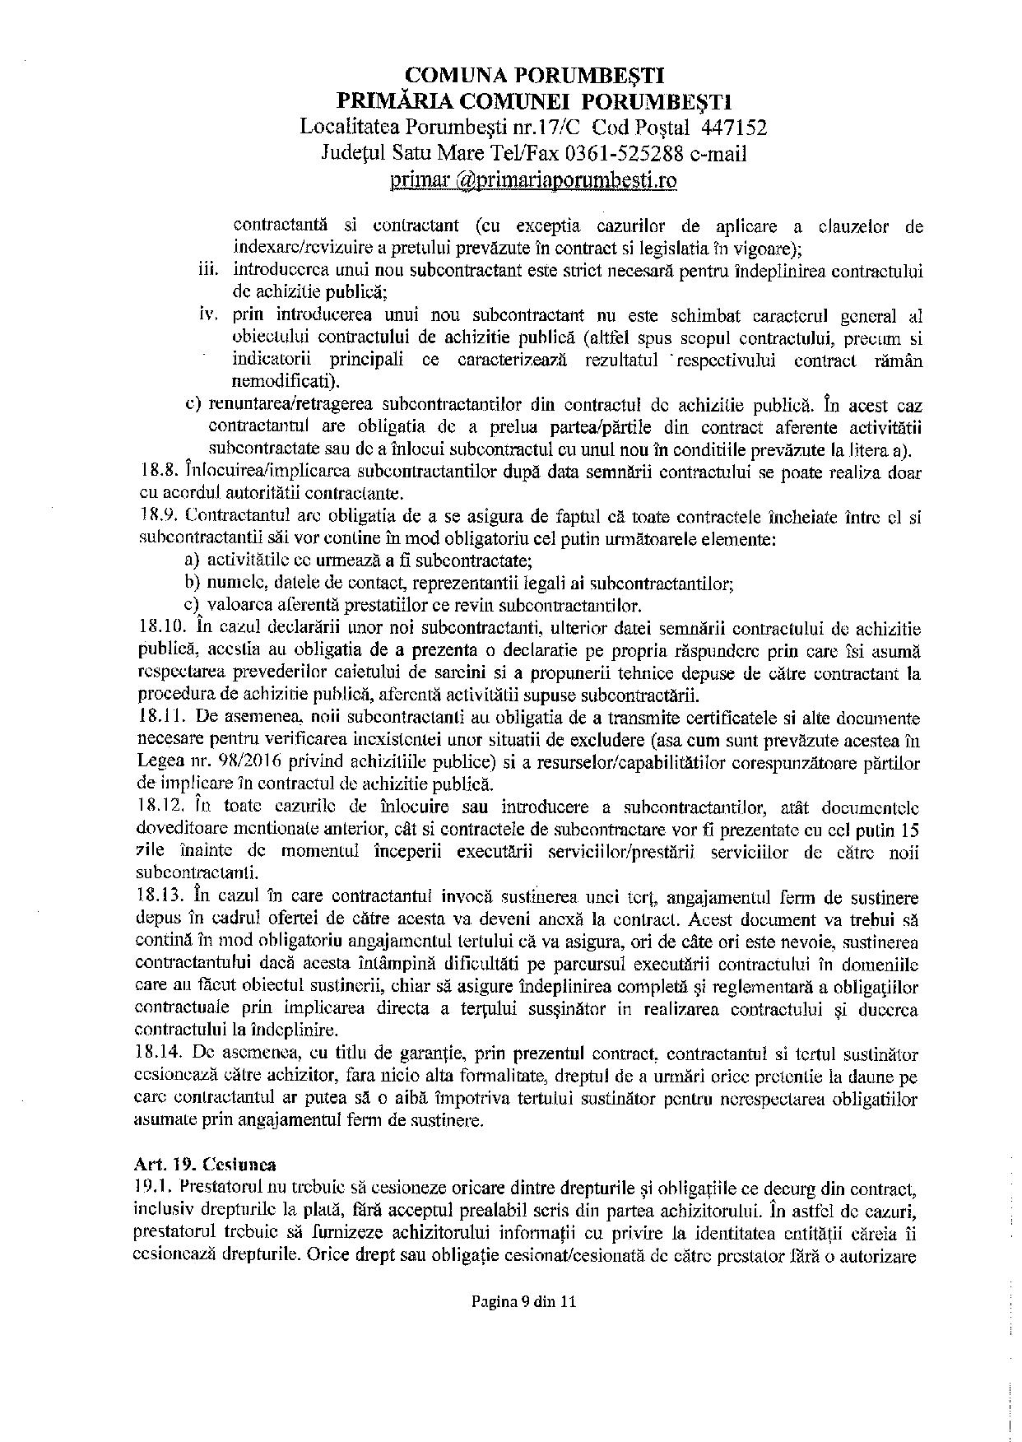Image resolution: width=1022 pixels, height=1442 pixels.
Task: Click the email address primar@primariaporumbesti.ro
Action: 534,179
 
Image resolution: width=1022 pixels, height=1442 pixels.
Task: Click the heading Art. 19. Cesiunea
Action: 205,1165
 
